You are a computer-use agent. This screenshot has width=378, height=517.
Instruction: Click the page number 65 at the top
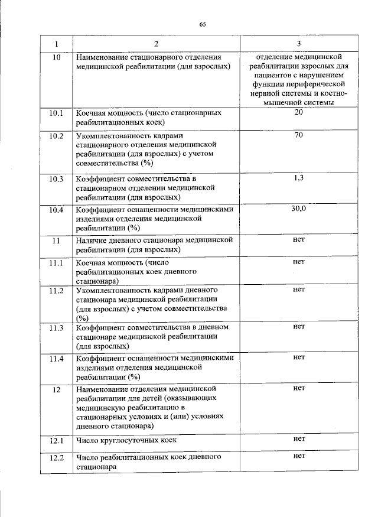[x=202, y=24]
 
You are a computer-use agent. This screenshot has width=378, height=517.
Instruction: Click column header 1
[x=56, y=44]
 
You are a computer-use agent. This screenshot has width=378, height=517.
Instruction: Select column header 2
[x=156, y=44]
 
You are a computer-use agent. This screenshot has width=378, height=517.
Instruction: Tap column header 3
[x=298, y=44]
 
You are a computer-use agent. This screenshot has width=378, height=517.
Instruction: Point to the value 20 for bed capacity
[x=298, y=112]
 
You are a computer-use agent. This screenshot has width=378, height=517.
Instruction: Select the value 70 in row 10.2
[x=298, y=135]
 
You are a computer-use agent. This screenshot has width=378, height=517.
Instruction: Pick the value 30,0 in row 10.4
[x=298, y=209]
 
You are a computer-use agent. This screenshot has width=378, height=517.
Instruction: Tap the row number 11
[x=56, y=240]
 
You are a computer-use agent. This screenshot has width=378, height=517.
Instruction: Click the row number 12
[x=56, y=389]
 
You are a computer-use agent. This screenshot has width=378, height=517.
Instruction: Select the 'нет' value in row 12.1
[x=298, y=440]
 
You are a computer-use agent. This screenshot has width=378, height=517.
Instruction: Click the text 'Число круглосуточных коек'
[x=126, y=440]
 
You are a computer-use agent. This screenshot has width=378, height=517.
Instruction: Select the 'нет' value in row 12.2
[x=298, y=456]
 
